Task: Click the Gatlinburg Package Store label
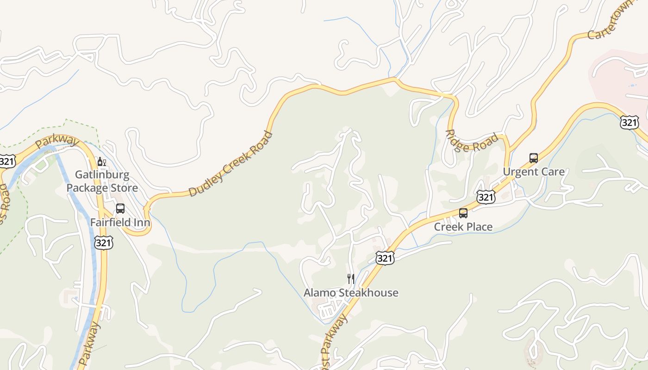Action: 102,181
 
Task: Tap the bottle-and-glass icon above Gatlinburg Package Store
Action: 101,162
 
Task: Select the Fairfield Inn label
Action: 120,222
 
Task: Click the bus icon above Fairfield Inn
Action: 120,209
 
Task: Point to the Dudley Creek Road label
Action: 231,164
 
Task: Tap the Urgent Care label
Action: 534,172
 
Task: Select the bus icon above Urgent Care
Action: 534,158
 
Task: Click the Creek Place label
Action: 463,227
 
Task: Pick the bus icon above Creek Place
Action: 463,213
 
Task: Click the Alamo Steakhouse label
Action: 351,293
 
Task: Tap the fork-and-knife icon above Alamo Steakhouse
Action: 351,278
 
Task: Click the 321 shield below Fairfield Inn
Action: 103,242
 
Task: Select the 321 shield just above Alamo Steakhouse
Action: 385,258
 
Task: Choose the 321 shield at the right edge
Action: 629,123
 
